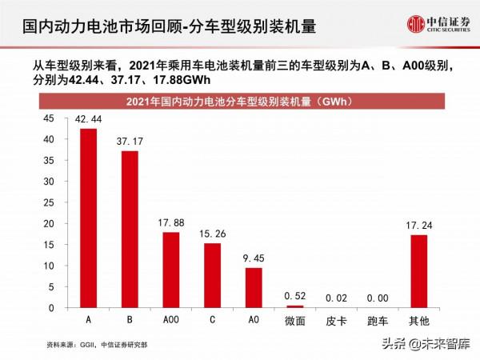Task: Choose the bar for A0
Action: pyautogui.click(x=254, y=288)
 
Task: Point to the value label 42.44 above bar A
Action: pyautogui.click(x=87, y=119)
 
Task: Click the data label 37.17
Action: pyautogui.click(x=129, y=142)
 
